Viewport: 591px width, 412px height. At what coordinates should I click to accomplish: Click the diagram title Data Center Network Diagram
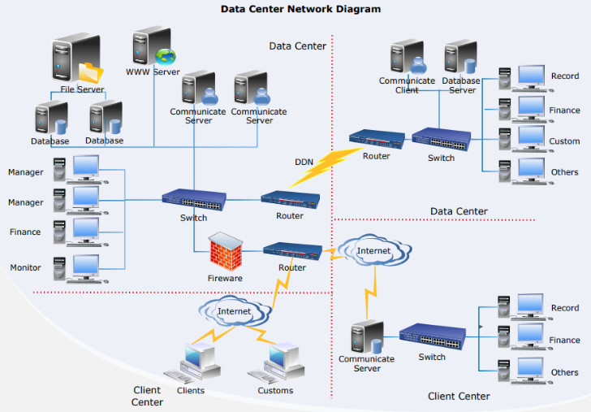point(300,9)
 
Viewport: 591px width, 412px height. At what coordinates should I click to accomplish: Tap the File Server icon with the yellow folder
point(77,58)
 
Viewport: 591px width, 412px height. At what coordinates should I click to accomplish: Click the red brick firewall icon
point(226,251)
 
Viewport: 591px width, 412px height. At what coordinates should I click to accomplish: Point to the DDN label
point(304,162)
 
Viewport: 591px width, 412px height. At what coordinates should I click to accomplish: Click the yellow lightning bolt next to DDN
point(326,167)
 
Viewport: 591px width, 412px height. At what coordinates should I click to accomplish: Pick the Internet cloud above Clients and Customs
point(235,311)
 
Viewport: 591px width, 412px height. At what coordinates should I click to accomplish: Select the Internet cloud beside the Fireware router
point(374,250)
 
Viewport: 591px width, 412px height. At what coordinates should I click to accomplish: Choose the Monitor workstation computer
point(80,269)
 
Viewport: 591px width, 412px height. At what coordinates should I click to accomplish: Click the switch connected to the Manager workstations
point(194,200)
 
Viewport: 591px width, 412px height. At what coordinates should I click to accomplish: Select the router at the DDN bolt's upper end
point(377,140)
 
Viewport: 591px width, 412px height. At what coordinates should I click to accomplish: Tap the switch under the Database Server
point(442,139)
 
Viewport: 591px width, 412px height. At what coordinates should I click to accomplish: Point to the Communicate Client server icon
point(408,57)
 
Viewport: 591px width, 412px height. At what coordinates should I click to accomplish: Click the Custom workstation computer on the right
point(525,139)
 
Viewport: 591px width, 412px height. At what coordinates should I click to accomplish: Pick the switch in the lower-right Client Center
point(433,336)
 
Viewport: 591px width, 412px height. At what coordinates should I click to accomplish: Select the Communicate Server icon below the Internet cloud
point(367,337)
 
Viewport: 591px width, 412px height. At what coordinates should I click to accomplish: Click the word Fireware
point(225,278)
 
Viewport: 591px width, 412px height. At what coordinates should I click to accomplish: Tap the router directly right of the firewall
point(292,251)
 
